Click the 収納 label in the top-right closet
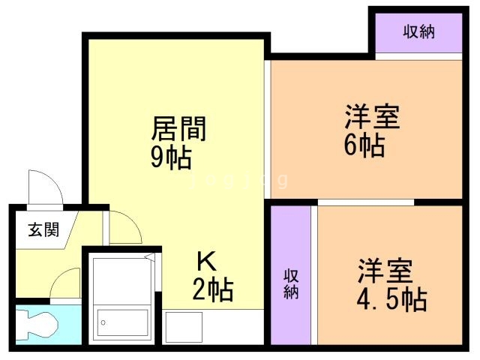pyautogui.click(x=419, y=31)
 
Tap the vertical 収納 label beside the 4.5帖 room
pyautogui.click(x=291, y=283)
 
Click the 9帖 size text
pyautogui.click(x=171, y=158)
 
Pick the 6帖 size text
pyautogui.click(x=364, y=145)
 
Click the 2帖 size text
pyautogui.click(x=212, y=289)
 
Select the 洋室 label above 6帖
pyautogui.click(x=372, y=118)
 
